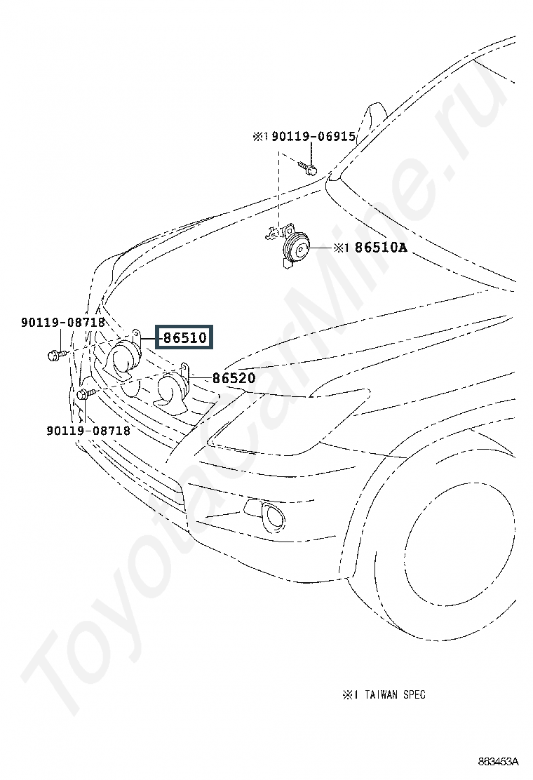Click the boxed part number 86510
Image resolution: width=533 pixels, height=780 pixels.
(x=184, y=337)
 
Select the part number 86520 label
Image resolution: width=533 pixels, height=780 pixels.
(x=234, y=378)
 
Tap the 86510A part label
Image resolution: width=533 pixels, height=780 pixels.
(x=381, y=247)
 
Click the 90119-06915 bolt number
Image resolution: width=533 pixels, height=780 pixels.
(x=313, y=136)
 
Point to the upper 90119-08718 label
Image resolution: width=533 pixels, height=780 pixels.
(x=63, y=323)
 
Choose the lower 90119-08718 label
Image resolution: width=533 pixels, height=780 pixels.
(x=88, y=430)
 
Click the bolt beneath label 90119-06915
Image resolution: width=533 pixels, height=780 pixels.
(x=308, y=168)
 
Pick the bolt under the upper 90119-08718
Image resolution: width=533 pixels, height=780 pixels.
(x=56, y=355)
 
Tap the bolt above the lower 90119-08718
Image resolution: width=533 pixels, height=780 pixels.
(x=85, y=394)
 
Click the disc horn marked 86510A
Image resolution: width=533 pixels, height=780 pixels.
(x=292, y=246)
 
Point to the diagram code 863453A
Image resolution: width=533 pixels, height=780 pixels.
(x=498, y=761)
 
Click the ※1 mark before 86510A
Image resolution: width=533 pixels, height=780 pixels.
(x=341, y=248)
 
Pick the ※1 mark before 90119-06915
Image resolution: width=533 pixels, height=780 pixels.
(x=261, y=136)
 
